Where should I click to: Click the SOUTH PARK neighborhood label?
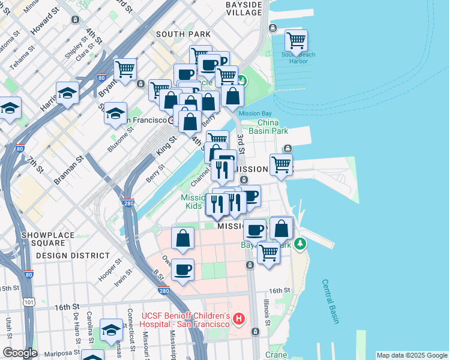[x=183, y=34]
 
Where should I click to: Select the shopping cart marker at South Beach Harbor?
[x=295, y=41]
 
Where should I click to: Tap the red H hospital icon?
[x=239, y=318]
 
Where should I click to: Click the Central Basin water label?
[x=330, y=301]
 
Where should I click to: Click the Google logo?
[x=19, y=353]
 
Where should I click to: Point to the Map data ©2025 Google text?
[x=411, y=355]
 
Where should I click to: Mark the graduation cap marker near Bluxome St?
[x=115, y=113]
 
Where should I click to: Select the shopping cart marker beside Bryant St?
[x=125, y=69]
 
